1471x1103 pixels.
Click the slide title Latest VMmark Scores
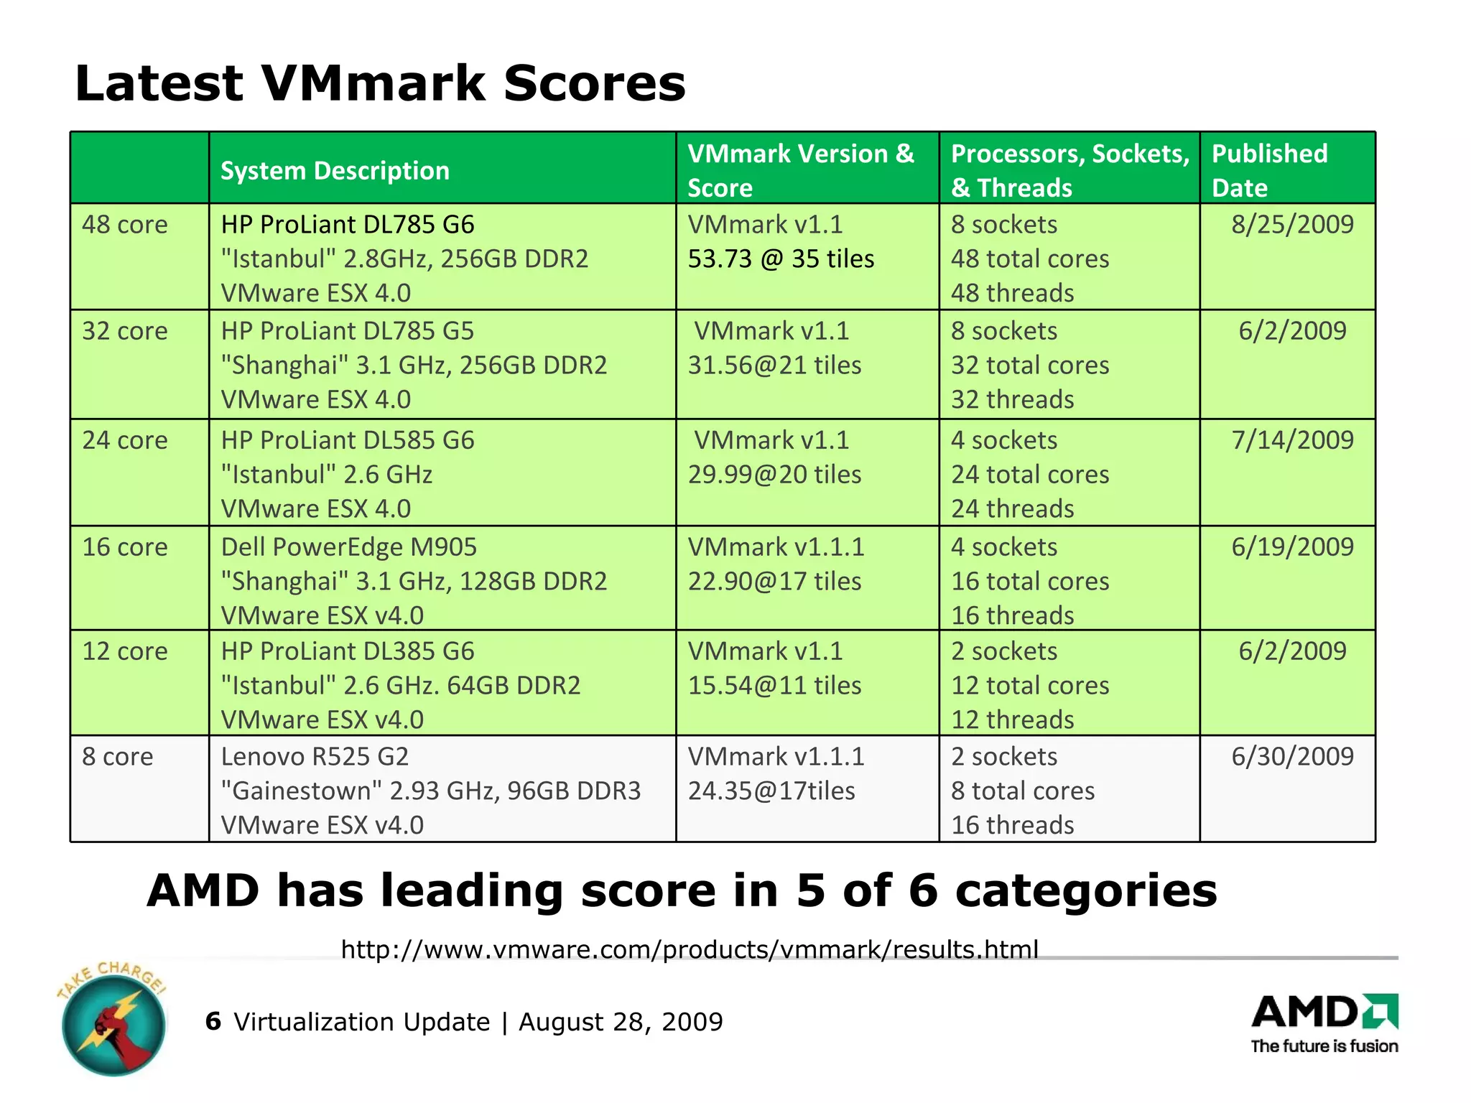380,83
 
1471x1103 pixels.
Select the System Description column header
335,171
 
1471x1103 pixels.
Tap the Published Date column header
1269,170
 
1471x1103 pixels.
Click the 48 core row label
124,225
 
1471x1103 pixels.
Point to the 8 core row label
117,757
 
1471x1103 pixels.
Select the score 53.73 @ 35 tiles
781,259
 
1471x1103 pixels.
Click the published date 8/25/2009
1292,225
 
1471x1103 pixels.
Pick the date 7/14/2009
1292,440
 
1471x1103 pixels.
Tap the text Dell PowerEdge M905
348,547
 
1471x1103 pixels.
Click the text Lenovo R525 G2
315,757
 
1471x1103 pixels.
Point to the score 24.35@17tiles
771,791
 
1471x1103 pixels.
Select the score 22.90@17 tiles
774,582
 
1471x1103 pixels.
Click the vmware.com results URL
690,949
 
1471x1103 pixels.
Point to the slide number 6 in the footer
213,1021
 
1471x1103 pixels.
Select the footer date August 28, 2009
621,1022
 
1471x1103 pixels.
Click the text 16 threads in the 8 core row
1012,826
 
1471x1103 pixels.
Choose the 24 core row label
124,440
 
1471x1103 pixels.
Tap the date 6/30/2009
1292,757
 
